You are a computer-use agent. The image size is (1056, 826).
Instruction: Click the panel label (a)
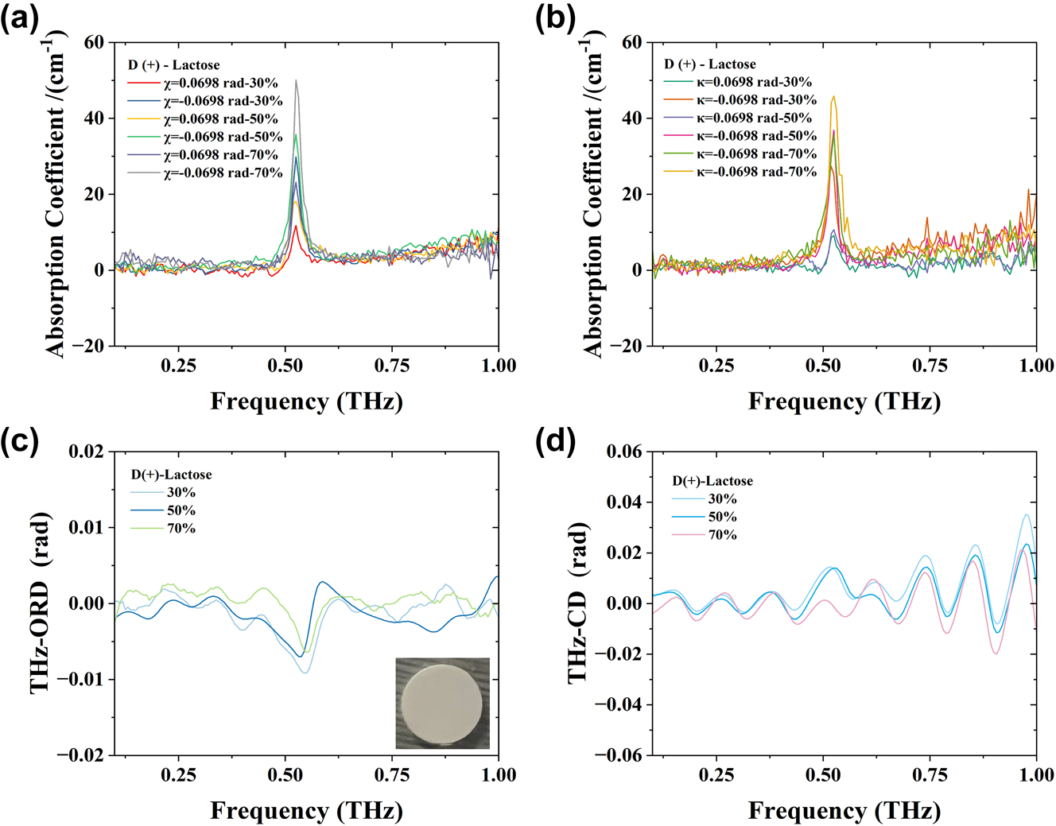coord(20,18)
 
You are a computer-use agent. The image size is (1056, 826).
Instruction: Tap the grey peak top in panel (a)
coord(296,80)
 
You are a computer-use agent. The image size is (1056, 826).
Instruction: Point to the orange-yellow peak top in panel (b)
coord(833,97)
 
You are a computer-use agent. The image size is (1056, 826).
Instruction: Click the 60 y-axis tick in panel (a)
coord(94,42)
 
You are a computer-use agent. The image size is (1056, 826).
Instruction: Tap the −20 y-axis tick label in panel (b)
coord(626,346)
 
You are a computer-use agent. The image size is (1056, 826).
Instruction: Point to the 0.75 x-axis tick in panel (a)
coord(391,366)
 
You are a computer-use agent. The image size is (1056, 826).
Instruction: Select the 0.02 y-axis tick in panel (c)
coord(86,452)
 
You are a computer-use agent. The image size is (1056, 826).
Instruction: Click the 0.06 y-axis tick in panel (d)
coord(624,452)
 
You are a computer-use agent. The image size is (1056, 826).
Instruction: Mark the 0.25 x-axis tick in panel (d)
coord(716,775)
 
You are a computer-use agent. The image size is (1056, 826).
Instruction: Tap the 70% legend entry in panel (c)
coord(181,529)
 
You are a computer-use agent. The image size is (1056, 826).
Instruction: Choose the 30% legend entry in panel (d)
coord(722,499)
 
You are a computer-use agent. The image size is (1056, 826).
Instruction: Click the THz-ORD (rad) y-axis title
coord(41,603)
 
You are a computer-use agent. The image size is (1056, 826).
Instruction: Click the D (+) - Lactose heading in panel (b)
coord(709,64)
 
